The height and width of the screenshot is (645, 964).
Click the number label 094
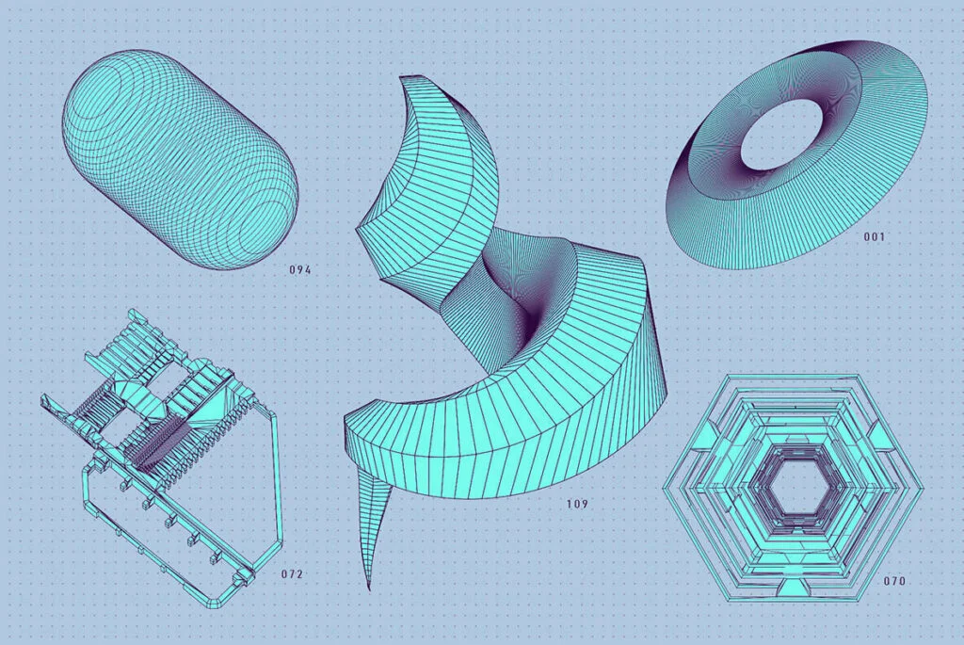(300, 269)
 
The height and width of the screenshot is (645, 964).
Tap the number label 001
(874, 236)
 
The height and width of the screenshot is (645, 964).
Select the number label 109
(577, 504)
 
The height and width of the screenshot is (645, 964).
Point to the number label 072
(292, 574)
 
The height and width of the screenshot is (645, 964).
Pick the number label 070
(894, 581)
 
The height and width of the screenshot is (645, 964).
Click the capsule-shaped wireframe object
(180, 160)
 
